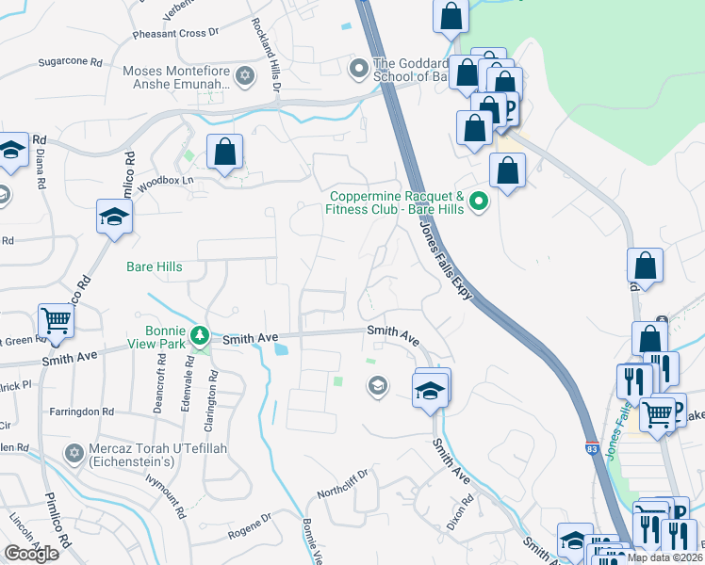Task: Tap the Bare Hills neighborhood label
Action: [155, 266]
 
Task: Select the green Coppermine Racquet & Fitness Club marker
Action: [478, 199]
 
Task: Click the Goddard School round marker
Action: [358, 69]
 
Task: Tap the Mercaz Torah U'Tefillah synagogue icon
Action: [74, 454]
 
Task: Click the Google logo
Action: [31, 554]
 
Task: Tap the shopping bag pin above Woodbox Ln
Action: [225, 152]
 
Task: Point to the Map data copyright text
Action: [664, 557]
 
